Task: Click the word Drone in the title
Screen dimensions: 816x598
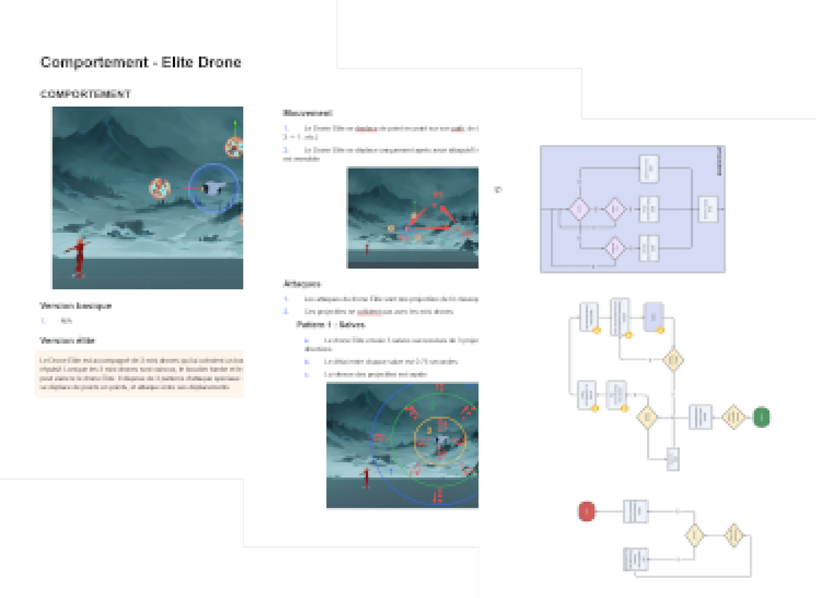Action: (219, 62)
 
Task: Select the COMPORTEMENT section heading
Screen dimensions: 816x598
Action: (86, 94)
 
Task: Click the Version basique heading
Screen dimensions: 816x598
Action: (76, 306)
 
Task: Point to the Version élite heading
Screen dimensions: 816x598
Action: (67, 340)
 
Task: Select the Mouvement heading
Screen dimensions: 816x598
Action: (307, 113)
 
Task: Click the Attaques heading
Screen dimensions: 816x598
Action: (302, 284)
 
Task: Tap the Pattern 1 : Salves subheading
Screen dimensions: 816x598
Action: (330, 324)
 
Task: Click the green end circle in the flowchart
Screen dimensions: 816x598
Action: (761, 417)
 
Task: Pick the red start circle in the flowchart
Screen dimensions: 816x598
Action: (587, 511)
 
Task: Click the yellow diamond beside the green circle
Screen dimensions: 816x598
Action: (733, 417)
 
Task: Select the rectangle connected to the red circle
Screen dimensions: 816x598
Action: (635, 511)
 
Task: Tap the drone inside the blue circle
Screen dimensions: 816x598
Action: (214, 188)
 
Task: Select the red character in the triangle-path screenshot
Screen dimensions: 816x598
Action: (367, 249)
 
